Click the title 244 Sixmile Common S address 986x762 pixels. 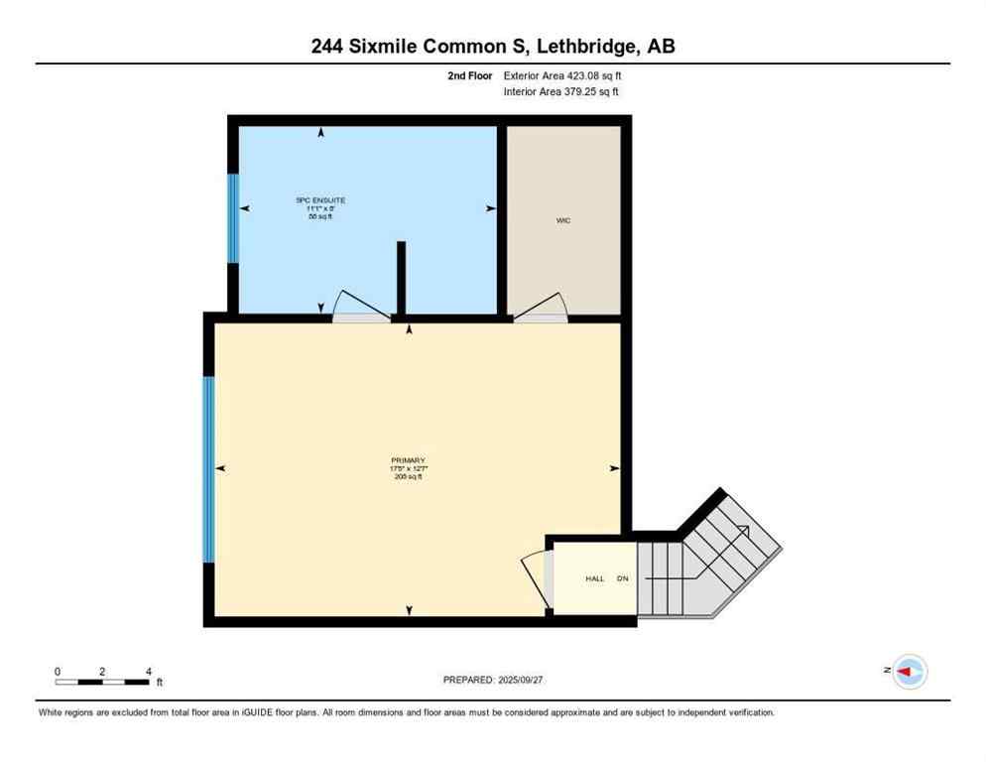(x=493, y=46)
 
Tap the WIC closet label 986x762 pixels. (x=562, y=220)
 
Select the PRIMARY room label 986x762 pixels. (x=408, y=460)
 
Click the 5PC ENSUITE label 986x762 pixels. (x=320, y=200)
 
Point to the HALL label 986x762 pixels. (x=594, y=578)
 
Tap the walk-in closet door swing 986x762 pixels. (x=543, y=308)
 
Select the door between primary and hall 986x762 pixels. (x=535, y=577)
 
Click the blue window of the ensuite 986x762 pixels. (x=233, y=218)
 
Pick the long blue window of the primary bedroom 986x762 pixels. (x=208, y=469)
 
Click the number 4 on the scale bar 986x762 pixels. (x=148, y=672)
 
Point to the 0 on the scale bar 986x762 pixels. (x=58, y=672)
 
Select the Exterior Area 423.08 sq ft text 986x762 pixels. (x=562, y=75)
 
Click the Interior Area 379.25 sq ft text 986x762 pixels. (x=562, y=92)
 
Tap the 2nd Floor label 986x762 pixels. (x=469, y=75)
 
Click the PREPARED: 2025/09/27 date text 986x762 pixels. (x=493, y=680)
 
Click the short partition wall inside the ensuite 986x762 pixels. (x=401, y=278)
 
